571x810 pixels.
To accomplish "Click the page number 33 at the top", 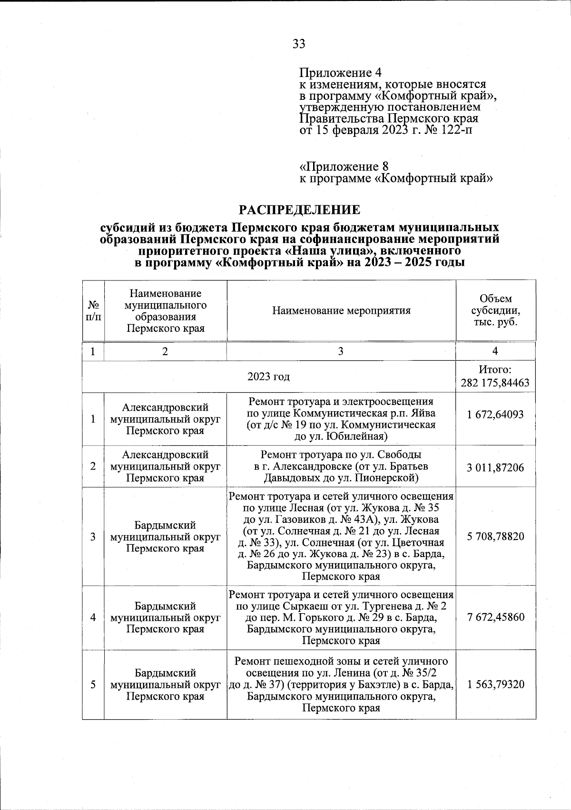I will tap(299, 44).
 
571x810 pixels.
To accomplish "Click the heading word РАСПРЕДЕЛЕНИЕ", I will tap(299, 209).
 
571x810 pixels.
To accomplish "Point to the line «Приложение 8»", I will tap(344, 167).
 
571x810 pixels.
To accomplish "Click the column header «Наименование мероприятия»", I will tap(341, 311).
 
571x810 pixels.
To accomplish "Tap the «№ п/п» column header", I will tap(93, 311).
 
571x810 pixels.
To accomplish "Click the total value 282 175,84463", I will tap(495, 383).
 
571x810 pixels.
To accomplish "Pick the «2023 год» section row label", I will tap(269, 376).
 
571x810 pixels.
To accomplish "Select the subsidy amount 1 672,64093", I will tap(495, 414).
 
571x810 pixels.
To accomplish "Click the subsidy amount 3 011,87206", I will tap(495, 467).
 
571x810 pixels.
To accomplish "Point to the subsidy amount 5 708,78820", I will tap(495, 537).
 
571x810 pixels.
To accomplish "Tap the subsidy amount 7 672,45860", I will tap(495, 617).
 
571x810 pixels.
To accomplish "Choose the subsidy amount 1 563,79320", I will tap(495, 685).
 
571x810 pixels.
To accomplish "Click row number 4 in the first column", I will tap(93, 617).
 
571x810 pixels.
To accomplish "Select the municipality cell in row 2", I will tap(165, 467).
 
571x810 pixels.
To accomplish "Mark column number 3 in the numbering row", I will tap(341, 351).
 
